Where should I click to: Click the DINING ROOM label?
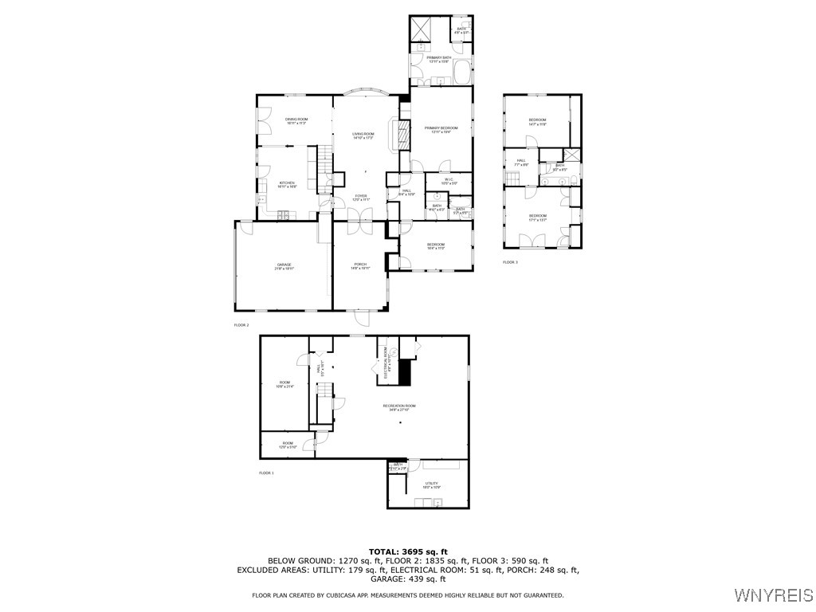pyautogui.click(x=296, y=120)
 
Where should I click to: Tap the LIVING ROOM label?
pyautogui.click(x=364, y=135)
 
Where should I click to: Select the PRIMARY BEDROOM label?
pyautogui.click(x=441, y=128)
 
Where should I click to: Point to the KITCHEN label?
pyautogui.click(x=287, y=183)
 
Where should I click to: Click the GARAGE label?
pyautogui.click(x=284, y=265)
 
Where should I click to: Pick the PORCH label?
pyautogui.click(x=360, y=265)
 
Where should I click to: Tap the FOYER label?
pyautogui.click(x=361, y=196)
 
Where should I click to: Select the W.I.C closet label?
pyautogui.click(x=449, y=180)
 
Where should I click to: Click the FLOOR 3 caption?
pyautogui.click(x=510, y=262)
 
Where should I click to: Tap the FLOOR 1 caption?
pyautogui.click(x=266, y=473)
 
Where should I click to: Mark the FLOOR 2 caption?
pyautogui.click(x=241, y=325)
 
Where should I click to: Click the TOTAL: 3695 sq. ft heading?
pyautogui.click(x=408, y=551)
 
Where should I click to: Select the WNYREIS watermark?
pyautogui.click(x=773, y=595)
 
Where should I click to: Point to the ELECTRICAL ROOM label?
pyautogui.click(x=386, y=363)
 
